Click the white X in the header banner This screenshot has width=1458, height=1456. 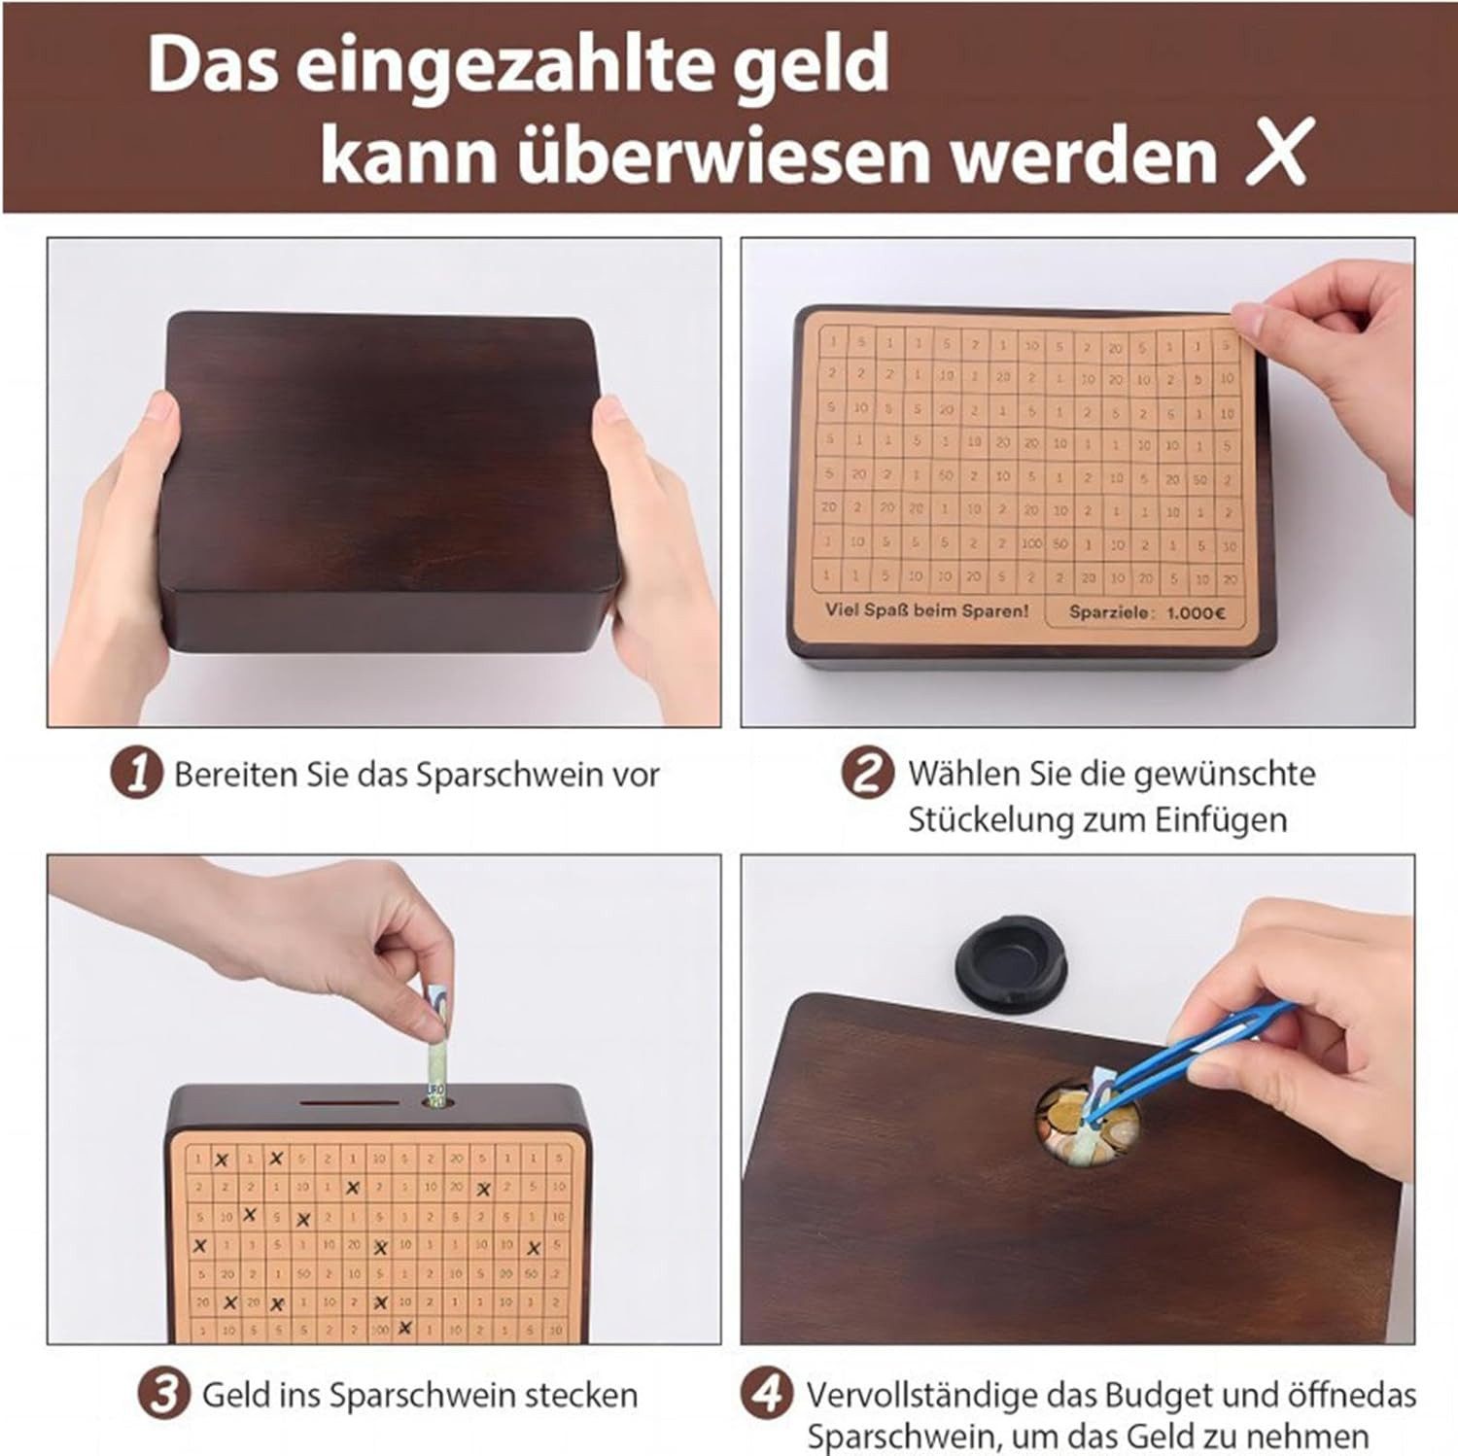click(x=1279, y=151)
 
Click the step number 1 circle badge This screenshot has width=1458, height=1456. click(x=136, y=775)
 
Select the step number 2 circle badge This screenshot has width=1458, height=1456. click(x=866, y=774)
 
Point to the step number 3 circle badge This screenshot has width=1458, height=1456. click(x=163, y=1394)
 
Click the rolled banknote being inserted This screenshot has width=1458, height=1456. click(x=437, y=1045)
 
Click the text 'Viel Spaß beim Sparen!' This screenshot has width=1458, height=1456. click(x=926, y=610)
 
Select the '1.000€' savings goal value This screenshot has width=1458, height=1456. click(x=1196, y=612)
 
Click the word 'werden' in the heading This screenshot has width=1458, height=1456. click(x=1083, y=154)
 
